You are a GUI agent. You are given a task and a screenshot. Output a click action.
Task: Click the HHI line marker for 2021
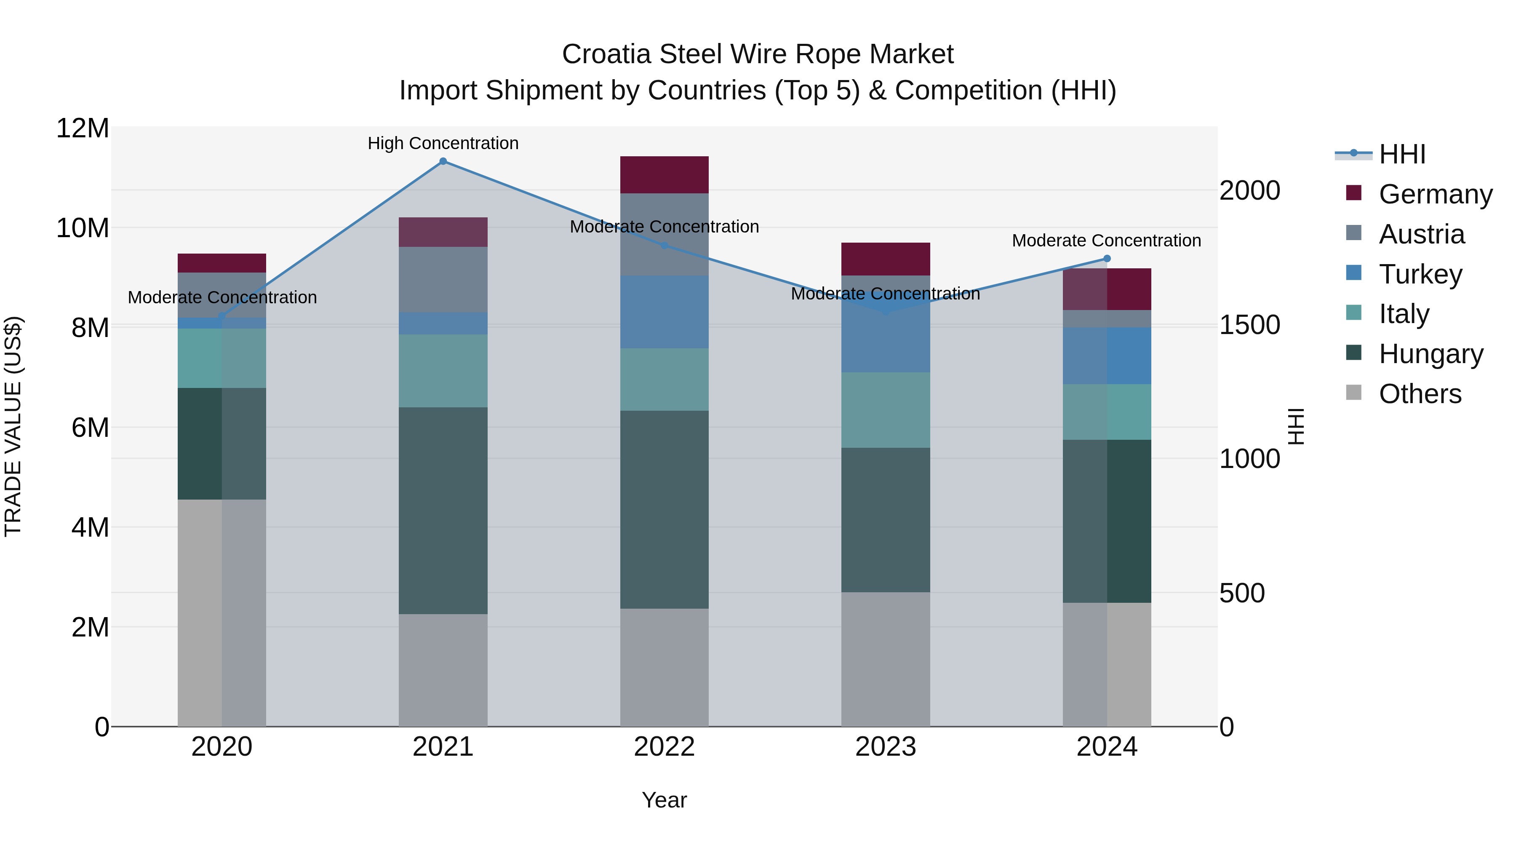pyautogui.click(x=443, y=161)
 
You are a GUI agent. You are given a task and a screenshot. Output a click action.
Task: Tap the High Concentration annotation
pyautogui.click(x=443, y=143)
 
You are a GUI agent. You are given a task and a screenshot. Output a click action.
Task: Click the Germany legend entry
pyautogui.click(x=1435, y=194)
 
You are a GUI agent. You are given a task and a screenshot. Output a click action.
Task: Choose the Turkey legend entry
pyautogui.click(x=1420, y=274)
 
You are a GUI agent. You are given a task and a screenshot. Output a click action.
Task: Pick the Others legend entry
pyautogui.click(x=1420, y=394)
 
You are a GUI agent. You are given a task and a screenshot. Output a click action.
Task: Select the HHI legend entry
pyautogui.click(x=1402, y=154)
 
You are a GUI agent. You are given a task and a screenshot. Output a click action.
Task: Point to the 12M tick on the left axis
pyautogui.click(x=83, y=128)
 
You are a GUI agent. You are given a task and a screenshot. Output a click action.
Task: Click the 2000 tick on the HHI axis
pyautogui.click(x=1249, y=191)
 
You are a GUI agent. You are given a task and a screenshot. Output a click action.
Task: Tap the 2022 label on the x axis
pyautogui.click(x=665, y=747)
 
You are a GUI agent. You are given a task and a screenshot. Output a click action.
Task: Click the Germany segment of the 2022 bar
pyautogui.click(x=665, y=175)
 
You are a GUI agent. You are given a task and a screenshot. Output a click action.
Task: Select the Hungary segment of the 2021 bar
pyautogui.click(x=443, y=511)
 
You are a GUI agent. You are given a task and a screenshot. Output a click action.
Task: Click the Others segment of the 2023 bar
pyautogui.click(x=886, y=659)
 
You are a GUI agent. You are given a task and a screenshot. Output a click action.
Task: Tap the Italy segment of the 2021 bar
pyautogui.click(x=443, y=371)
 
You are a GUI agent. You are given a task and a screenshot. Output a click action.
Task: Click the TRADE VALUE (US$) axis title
pyautogui.click(x=13, y=426)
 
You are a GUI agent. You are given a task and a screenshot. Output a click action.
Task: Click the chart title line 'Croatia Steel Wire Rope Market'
pyautogui.click(x=758, y=54)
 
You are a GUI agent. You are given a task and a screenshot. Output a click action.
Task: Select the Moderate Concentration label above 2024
pyautogui.click(x=1106, y=241)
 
